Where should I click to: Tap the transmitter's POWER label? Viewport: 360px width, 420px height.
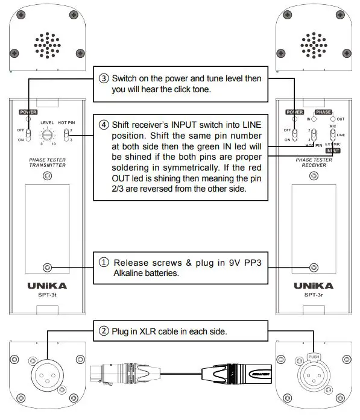coord(28,112)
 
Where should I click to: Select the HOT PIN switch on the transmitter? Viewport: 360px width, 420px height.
coord(68,134)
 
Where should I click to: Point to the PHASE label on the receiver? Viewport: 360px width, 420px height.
coord(324,112)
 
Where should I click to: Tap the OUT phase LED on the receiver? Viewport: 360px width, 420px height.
coord(331,119)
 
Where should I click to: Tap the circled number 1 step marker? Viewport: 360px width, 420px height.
coord(104,263)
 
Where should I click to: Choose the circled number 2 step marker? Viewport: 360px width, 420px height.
coord(103,331)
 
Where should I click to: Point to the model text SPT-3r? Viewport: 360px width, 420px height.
coord(312,295)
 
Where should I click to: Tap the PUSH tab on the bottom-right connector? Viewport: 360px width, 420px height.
coord(314,357)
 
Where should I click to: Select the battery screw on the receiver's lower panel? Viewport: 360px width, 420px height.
coord(312,268)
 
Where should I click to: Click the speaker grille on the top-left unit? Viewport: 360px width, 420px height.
coord(46,44)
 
